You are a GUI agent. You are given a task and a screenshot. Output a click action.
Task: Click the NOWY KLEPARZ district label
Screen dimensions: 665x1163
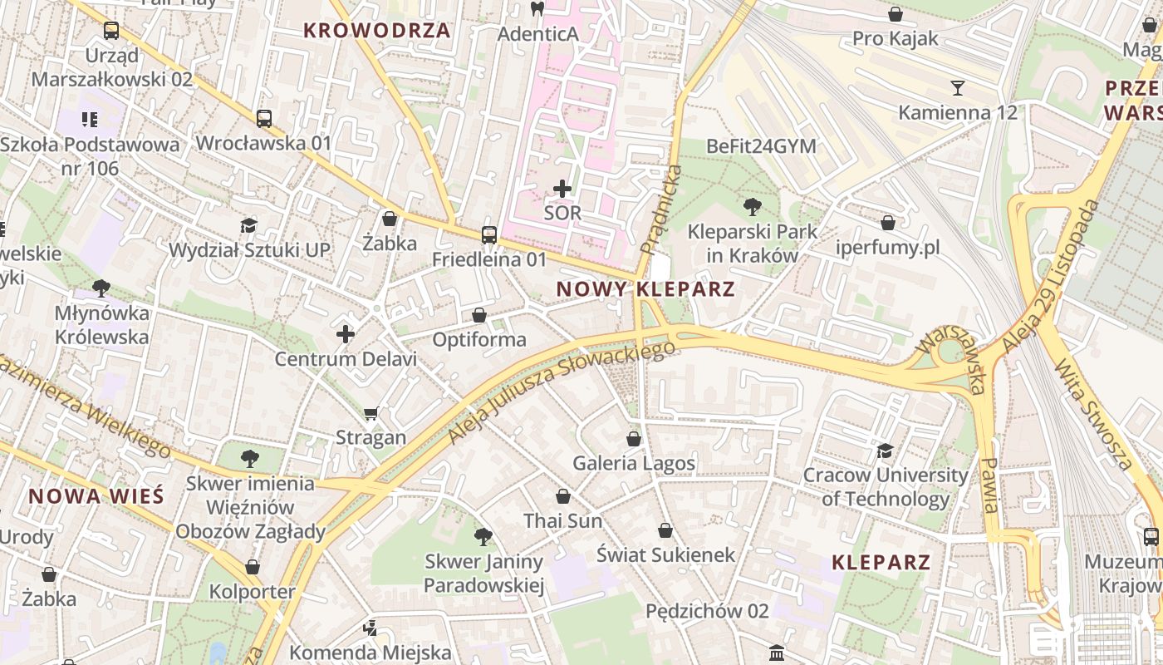pyautogui.click(x=645, y=289)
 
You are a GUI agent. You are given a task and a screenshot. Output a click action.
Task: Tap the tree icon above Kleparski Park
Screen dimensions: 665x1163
pyautogui.click(x=753, y=206)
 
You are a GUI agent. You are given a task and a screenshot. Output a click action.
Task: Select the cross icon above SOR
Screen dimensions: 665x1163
pyautogui.click(x=562, y=189)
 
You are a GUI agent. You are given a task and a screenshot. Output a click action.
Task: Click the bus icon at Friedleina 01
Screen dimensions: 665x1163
pyautogui.click(x=489, y=235)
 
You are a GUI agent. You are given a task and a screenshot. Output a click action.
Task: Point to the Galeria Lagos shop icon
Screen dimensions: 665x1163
pyautogui.click(x=634, y=439)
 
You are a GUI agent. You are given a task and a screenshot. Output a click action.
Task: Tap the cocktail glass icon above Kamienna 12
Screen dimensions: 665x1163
pyautogui.click(x=958, y=88)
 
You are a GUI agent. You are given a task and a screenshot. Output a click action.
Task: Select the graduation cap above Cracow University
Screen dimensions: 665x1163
pyautogui.click(x=885, y=451)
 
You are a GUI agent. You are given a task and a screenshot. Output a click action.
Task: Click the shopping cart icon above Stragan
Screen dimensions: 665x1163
pyautogui.click(x=371, y=413)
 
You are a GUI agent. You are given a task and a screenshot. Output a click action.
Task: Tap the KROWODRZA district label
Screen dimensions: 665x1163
pyautogui.click(x=376, y=31)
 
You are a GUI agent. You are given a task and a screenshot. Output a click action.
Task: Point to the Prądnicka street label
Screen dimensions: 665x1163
pyautogui.click(x=661, y=209)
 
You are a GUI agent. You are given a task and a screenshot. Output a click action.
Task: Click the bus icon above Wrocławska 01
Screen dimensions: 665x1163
pyautogui.click(x=263, y=119)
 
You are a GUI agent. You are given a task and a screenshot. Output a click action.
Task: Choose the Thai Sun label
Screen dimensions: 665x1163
pyautogui.click(x=562, y=521)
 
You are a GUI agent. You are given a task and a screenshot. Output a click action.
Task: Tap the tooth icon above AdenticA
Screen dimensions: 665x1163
pyautogui.click(x=537, y=10)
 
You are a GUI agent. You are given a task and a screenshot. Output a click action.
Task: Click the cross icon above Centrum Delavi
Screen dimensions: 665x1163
pyautogui.click(x=346, y=335)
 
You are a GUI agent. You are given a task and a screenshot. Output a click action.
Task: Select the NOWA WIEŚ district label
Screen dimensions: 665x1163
pyautogui.click(x=96, y=497)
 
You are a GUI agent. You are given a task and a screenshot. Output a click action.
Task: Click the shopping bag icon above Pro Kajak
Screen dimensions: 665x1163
pyautogui.click(x=896, y=14)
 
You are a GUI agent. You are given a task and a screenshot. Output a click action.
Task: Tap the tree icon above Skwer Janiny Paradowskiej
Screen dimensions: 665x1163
pyautogui.click(x=483, y=537)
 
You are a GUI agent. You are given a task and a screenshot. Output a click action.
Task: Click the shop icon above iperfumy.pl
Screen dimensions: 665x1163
pyautogui.click(x=888, y=223)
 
